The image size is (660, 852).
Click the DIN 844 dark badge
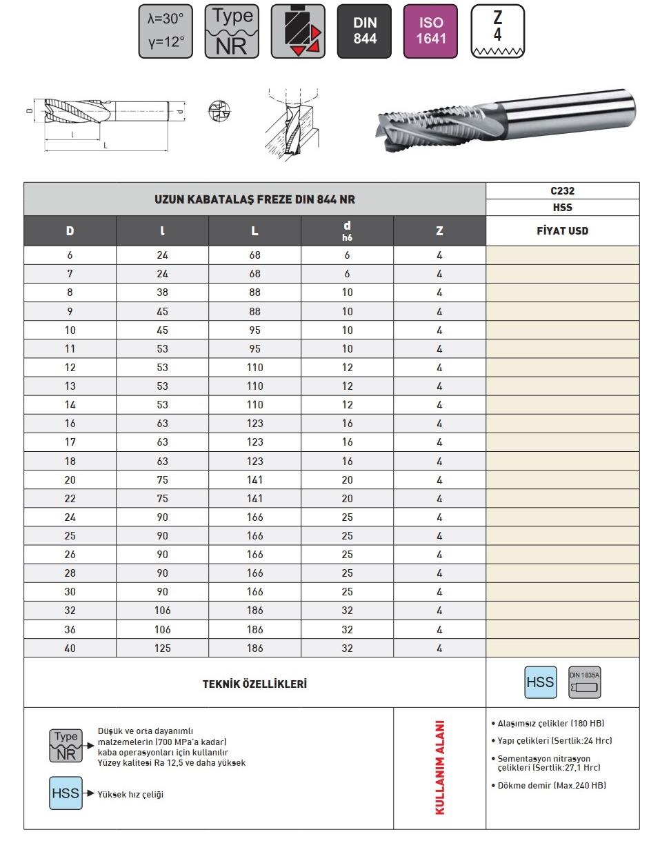364,31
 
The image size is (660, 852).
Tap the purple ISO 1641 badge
430,31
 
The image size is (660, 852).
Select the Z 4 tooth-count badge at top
497,31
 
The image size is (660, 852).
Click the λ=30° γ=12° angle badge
166,31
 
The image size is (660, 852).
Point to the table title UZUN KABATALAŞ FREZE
254,199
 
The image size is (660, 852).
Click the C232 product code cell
562,191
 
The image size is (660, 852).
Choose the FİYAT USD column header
562,231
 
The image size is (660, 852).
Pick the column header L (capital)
254,231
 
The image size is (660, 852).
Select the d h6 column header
347,231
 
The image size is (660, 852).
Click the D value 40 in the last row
70,648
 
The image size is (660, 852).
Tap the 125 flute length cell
162,648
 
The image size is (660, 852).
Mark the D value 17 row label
70,442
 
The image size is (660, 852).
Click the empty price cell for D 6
562,255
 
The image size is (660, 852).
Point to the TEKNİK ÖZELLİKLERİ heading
254,684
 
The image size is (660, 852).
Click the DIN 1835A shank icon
584,683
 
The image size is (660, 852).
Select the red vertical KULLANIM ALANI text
440,767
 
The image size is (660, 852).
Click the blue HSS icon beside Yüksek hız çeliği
66,793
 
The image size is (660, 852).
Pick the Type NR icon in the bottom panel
66,746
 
